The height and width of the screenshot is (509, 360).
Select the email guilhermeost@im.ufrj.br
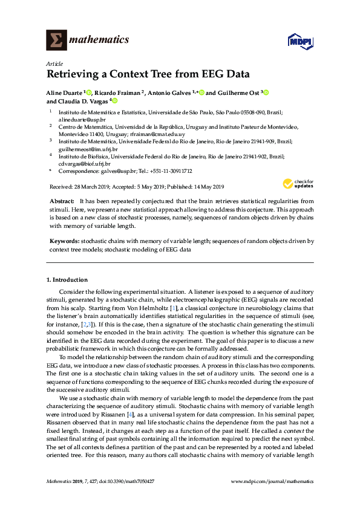click(x=88, y=148)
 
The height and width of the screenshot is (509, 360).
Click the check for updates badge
click(x=298, y=184)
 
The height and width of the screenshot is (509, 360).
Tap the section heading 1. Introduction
click(x=67, y=280)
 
